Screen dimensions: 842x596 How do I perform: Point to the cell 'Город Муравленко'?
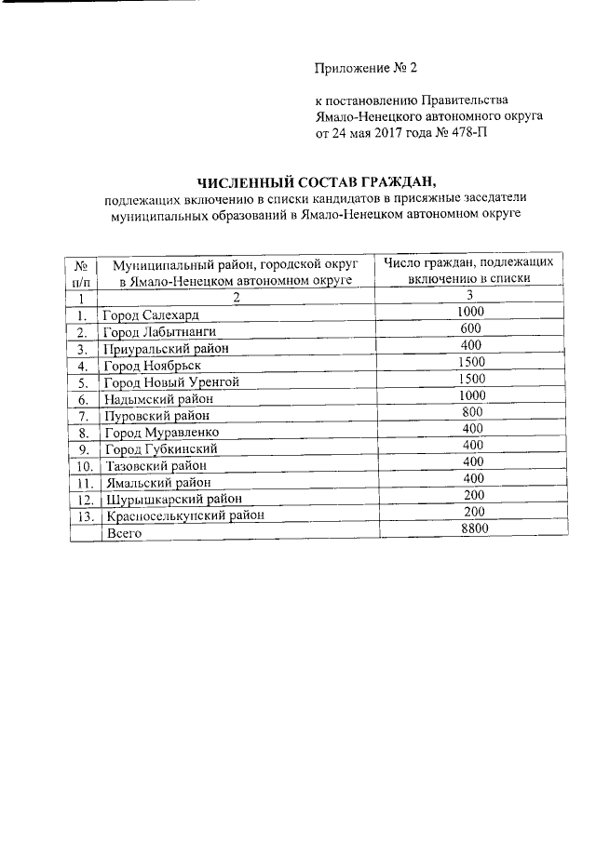[x=161, y=433]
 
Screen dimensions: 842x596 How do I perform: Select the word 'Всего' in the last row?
[x=124, y=533]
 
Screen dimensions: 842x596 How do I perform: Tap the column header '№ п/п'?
[x=82, y=271]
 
